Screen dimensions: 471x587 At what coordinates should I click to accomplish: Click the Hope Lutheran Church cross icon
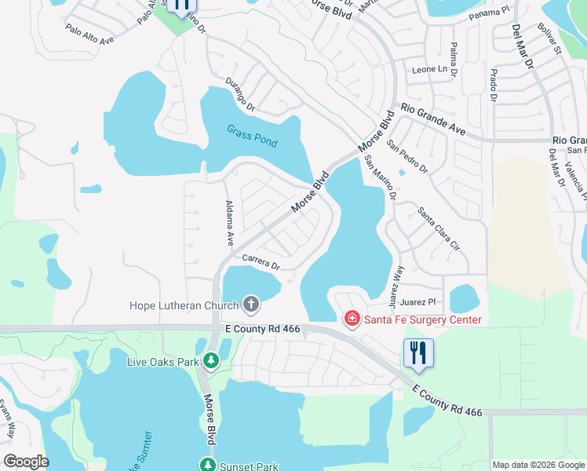251,303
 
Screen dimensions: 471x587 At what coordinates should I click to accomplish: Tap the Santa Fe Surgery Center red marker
352,319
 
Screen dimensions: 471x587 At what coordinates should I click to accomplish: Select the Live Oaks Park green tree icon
210,361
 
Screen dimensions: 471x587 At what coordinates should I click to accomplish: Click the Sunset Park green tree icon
208,466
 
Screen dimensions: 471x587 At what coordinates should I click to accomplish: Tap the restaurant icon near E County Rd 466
418,353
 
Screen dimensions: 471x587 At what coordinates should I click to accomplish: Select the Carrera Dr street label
261,261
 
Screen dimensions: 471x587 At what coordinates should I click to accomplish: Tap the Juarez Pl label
417,301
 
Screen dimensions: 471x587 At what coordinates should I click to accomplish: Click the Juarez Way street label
399,281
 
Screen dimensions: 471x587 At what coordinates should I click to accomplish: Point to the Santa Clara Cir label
438,228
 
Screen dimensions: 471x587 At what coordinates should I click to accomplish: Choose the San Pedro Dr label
407,157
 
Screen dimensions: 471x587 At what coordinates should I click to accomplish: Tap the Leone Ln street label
430,69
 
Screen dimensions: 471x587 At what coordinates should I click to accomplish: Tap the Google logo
26,462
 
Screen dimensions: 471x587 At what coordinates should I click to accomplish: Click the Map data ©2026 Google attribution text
538,465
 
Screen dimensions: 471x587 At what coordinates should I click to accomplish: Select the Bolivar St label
550,39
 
